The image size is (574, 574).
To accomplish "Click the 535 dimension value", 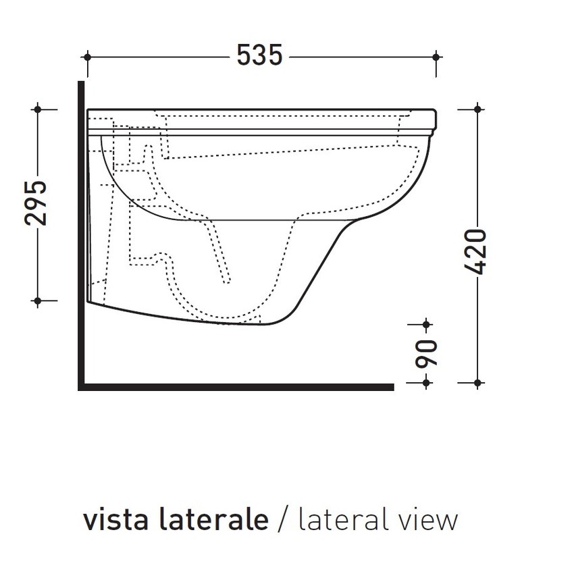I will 259,55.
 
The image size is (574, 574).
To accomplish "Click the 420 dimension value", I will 477,251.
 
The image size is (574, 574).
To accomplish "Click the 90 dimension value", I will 427,353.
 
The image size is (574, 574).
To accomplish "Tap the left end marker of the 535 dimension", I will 88,56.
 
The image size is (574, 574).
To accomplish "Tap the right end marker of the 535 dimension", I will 437,56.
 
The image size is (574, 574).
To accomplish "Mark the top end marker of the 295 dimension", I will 38,107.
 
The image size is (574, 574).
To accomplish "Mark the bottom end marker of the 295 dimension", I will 38,300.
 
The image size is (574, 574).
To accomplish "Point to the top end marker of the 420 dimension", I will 477,108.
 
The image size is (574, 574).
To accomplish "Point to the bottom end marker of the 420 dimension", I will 477,383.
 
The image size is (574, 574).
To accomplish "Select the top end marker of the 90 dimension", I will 426,325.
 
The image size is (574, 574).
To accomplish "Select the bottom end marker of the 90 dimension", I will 426,383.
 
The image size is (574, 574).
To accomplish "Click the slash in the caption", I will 283,520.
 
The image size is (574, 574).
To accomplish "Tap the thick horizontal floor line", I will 236,387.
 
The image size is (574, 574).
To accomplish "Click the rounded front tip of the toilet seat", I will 438,119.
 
